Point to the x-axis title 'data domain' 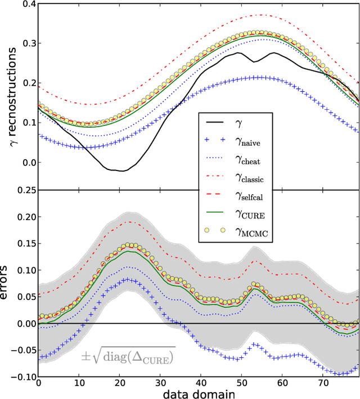coord(198,393)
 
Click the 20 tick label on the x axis coord(120,383)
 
